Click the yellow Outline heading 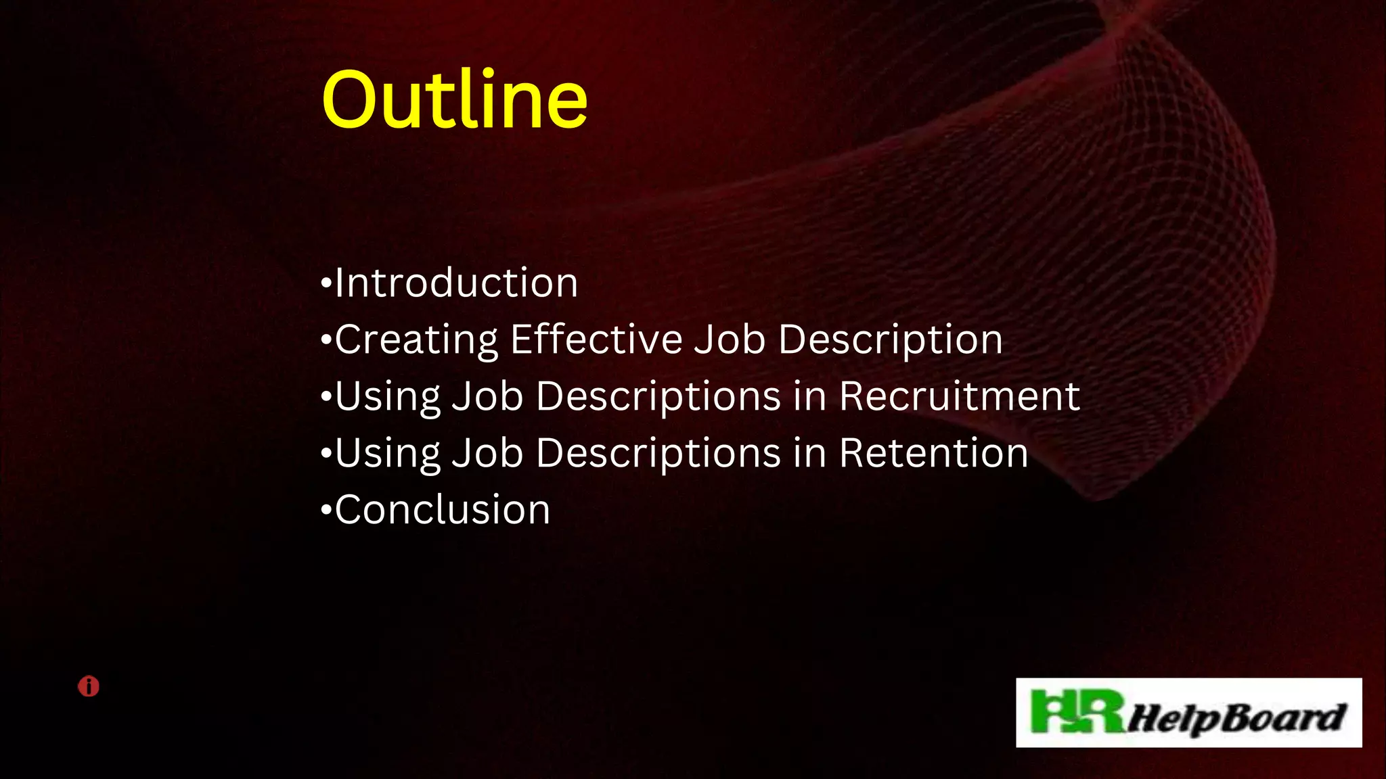point(454,100)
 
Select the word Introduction point(457,283)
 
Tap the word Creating point(416,339)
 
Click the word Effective point(596,339)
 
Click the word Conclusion point(443,509)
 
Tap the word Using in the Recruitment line point(387,396)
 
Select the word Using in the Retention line point(387,453)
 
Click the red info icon point(89,686)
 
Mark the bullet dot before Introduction point(326,283)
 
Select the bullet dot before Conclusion point(326,510)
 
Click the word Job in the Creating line point(730,339)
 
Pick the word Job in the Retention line point(487,453)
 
